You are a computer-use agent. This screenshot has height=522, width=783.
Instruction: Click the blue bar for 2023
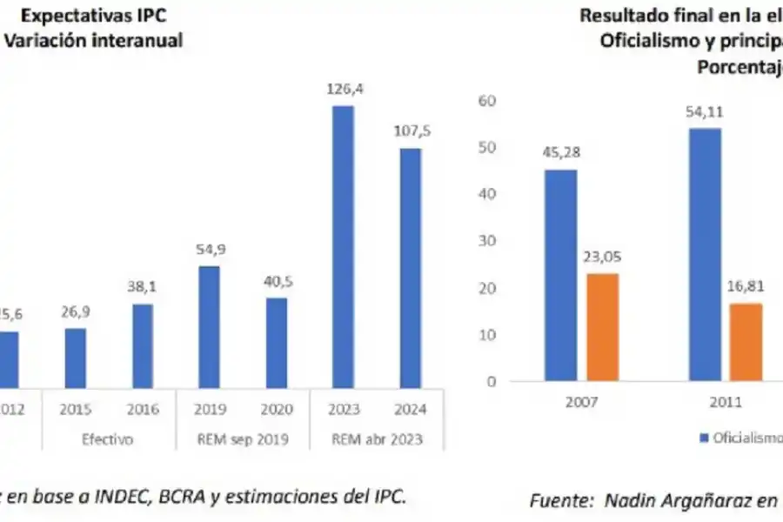(343, 247)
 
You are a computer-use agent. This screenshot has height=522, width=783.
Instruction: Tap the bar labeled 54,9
(209, 327)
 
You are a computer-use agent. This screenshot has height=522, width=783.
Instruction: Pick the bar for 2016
(143, 346)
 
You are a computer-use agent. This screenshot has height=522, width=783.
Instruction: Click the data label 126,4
(343, 89)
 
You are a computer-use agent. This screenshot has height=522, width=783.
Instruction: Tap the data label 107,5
(411, 131)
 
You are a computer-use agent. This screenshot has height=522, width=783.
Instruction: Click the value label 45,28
(560, 153)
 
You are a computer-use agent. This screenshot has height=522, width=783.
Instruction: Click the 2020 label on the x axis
(276, 409)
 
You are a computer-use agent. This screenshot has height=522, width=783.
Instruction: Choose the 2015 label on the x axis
(76, 409)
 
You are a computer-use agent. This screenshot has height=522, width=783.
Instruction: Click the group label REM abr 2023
(376, 439)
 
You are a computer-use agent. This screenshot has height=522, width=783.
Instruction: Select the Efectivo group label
(108, 439)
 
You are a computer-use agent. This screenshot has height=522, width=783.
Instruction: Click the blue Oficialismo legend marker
(704, 439)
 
